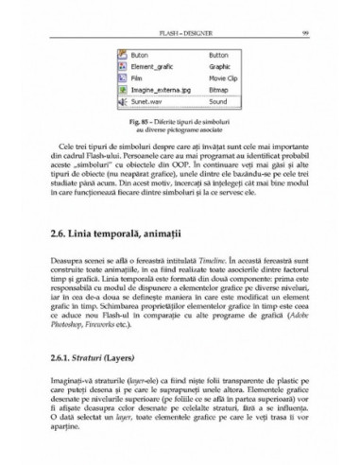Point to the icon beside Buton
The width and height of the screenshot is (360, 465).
tap(123, 57)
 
